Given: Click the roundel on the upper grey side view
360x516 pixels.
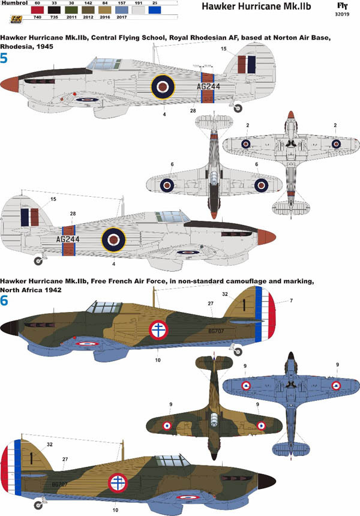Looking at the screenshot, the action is (161, 86).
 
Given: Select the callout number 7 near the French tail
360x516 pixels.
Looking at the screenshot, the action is (291, 300).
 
